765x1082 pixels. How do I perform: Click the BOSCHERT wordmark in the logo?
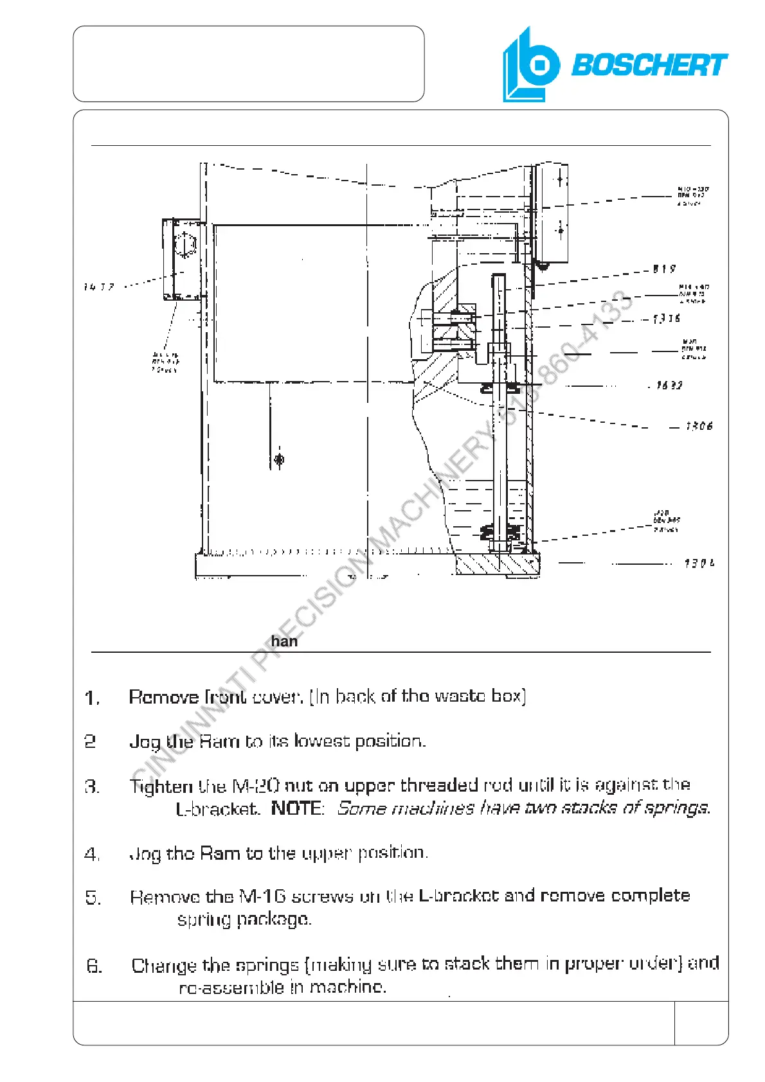(x=649, y=66)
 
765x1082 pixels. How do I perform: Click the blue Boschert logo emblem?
(x=530, y=66)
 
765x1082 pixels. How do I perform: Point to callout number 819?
(x=664, y=269)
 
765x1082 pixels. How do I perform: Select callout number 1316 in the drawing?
(x=667, y=319)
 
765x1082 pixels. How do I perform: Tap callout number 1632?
(x=669, y=386)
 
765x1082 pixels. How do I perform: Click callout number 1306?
(x=699, y=426)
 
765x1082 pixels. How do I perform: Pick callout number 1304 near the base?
(x=699, y=563)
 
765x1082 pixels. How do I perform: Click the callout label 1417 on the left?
(x=99, y=287)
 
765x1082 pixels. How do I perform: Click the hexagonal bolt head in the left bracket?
(x=185, y=245)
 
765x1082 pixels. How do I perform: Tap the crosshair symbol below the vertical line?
(x=279, y=459)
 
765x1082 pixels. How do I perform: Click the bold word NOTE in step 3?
(x=298, y=808)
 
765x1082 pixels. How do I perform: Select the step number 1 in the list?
(x=93, y=698)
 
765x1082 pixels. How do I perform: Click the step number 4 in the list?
(x=93, y=855)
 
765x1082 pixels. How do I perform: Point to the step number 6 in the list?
(x=94, y=966)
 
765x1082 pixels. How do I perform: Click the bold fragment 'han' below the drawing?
(x=284, y=641)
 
